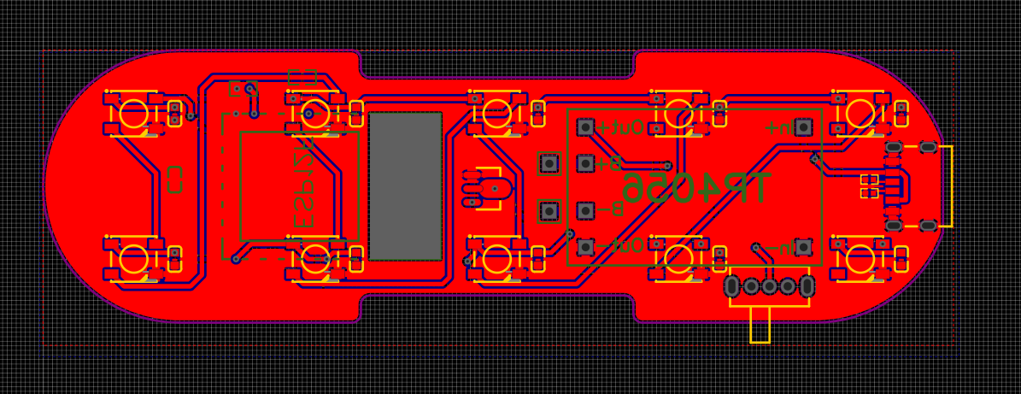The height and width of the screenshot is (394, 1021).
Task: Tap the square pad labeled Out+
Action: point(585,126)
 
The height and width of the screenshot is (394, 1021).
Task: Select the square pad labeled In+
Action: point(803,126)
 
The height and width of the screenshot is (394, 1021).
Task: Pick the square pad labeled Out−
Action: point(585,247)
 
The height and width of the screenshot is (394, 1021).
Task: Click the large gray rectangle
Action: point(405,185)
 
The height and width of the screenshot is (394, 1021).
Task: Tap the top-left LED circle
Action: point(133,113)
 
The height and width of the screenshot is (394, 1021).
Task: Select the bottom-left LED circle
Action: point(133,257)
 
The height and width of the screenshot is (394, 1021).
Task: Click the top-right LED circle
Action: point(861,113)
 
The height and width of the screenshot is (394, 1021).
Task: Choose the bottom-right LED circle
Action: point(861,257)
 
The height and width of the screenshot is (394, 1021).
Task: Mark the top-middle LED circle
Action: point(497,113)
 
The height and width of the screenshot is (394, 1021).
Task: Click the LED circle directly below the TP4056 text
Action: point(679,257)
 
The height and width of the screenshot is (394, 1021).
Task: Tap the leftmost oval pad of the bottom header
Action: point(732,285)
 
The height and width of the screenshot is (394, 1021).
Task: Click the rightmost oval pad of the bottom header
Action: point(807,285)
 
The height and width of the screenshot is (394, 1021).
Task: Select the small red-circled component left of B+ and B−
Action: point(493,188)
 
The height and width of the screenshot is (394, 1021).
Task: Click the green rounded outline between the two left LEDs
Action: point(175,179)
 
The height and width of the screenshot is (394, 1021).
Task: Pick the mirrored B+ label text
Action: point(607,162)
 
